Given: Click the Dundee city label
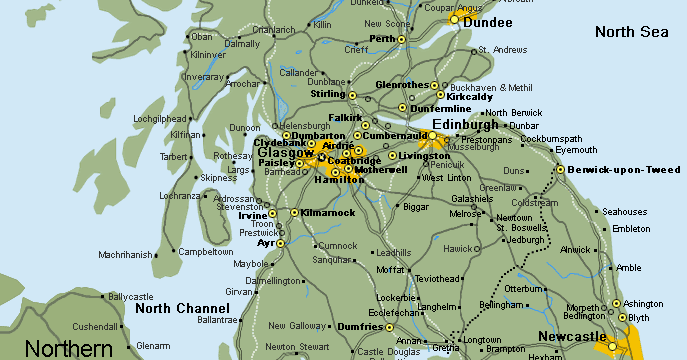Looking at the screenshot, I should [489, 23].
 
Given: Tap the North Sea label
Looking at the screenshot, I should [631, 32].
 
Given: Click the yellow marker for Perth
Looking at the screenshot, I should [402, 40].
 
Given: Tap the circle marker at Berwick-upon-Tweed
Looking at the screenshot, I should [560, 169].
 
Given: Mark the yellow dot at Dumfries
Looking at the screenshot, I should [391, 326].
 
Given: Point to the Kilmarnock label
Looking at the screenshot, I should [328, 213].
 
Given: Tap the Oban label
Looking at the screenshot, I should [202, 37].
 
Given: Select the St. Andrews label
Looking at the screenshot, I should [503, 50].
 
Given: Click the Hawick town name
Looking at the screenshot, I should [458, 248].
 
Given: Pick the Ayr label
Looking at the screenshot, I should [265, 243].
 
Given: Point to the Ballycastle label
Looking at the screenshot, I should [130, 297].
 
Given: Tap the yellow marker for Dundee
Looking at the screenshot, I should [454, 19].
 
